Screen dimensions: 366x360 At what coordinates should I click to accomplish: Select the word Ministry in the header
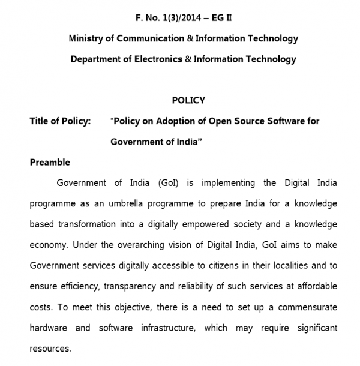click(x=86, y=38)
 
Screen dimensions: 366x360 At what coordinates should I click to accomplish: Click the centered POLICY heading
click(x=188, y=100)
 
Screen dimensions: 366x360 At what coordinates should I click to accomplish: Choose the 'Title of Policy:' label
click(x=60, y=121)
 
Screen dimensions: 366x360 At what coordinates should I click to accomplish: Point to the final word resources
click(x=50, y=349)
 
